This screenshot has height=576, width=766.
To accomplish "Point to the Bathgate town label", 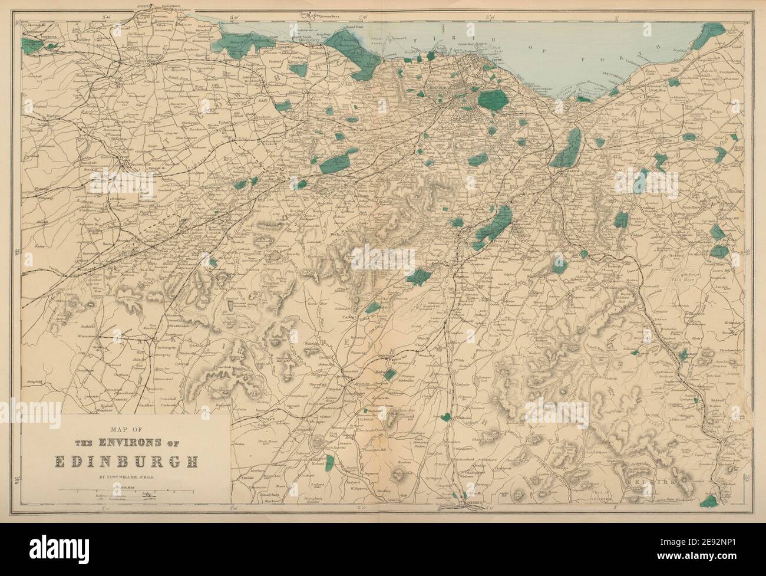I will click(x=134, y=159).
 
